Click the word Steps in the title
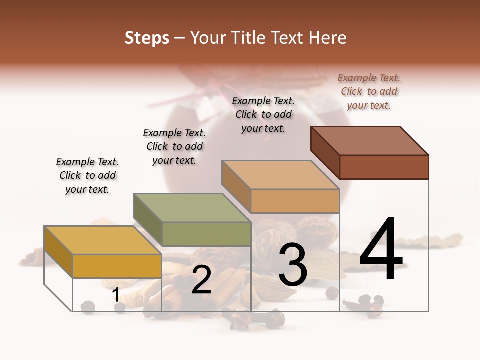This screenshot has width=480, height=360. (147, 38)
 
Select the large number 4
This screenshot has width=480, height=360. (381, 250)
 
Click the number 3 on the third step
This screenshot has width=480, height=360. (293, 264)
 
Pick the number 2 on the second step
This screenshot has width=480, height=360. (201, 280)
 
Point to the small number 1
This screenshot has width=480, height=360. (116, 295)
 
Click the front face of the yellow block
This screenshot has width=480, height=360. (117, 266)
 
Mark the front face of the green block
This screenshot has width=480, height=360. (206, 234)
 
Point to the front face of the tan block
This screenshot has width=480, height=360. (295, 201)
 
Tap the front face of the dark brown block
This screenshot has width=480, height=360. (384, 167)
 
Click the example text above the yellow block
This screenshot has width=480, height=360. (87, 175)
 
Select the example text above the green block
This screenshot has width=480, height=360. (174, 146)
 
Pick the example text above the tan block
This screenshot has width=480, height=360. (263, 114)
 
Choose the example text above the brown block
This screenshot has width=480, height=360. (369, 91)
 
